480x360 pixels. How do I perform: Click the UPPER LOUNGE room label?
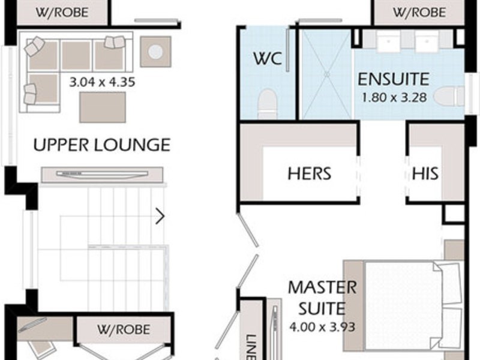coord(101,145)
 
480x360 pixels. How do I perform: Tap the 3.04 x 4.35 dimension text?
coord(102,82)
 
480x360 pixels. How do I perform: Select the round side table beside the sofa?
coord(155,52)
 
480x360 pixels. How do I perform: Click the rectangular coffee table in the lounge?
coord(103,107)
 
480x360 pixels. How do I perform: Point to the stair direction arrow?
coord(160,216)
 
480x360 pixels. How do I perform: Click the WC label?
coord(267,59)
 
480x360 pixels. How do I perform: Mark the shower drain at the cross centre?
coord(327,74)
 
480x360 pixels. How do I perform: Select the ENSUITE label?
coord(393,79)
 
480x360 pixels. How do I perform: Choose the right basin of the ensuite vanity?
coord(427,42)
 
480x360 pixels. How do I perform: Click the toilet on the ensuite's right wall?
coord(451,96)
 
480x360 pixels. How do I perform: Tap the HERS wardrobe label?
coord(309,174)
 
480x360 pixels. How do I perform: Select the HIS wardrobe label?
coord(425,174)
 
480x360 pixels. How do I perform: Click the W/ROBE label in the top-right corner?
coord(419,12)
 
